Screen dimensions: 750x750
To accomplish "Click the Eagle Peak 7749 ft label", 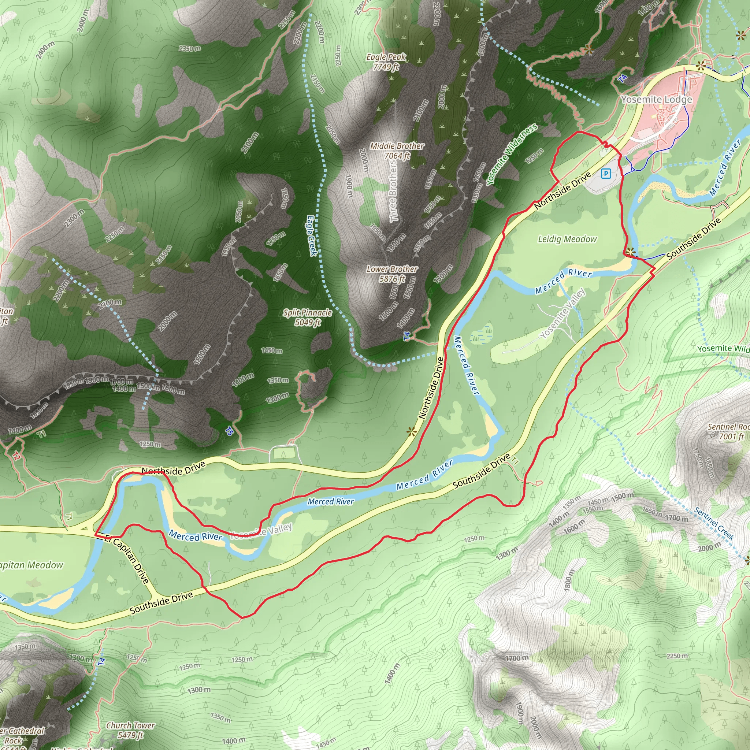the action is click(x=386, y=62).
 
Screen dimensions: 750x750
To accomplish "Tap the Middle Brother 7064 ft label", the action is click(x=397, y=151).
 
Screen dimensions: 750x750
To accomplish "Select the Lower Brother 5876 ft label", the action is click(x=392, y=274).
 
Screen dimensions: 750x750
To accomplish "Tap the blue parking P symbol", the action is click(x=606, y=173).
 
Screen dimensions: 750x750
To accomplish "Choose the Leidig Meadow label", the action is click(x=567, y=239).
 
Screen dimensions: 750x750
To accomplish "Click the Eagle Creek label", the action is click(x=312, y=235).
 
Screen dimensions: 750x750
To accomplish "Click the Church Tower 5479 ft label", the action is click(x=130, y=730).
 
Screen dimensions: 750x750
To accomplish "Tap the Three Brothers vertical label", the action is click(x=394, y=191).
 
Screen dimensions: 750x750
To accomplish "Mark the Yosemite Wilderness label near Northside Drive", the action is click(x=512, y=154).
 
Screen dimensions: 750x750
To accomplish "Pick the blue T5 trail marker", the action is click(x=229, y=431).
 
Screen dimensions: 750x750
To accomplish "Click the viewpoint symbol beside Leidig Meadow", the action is click(x=631, y=251).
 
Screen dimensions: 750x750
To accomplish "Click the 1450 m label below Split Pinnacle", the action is click(x=271, y=350).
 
